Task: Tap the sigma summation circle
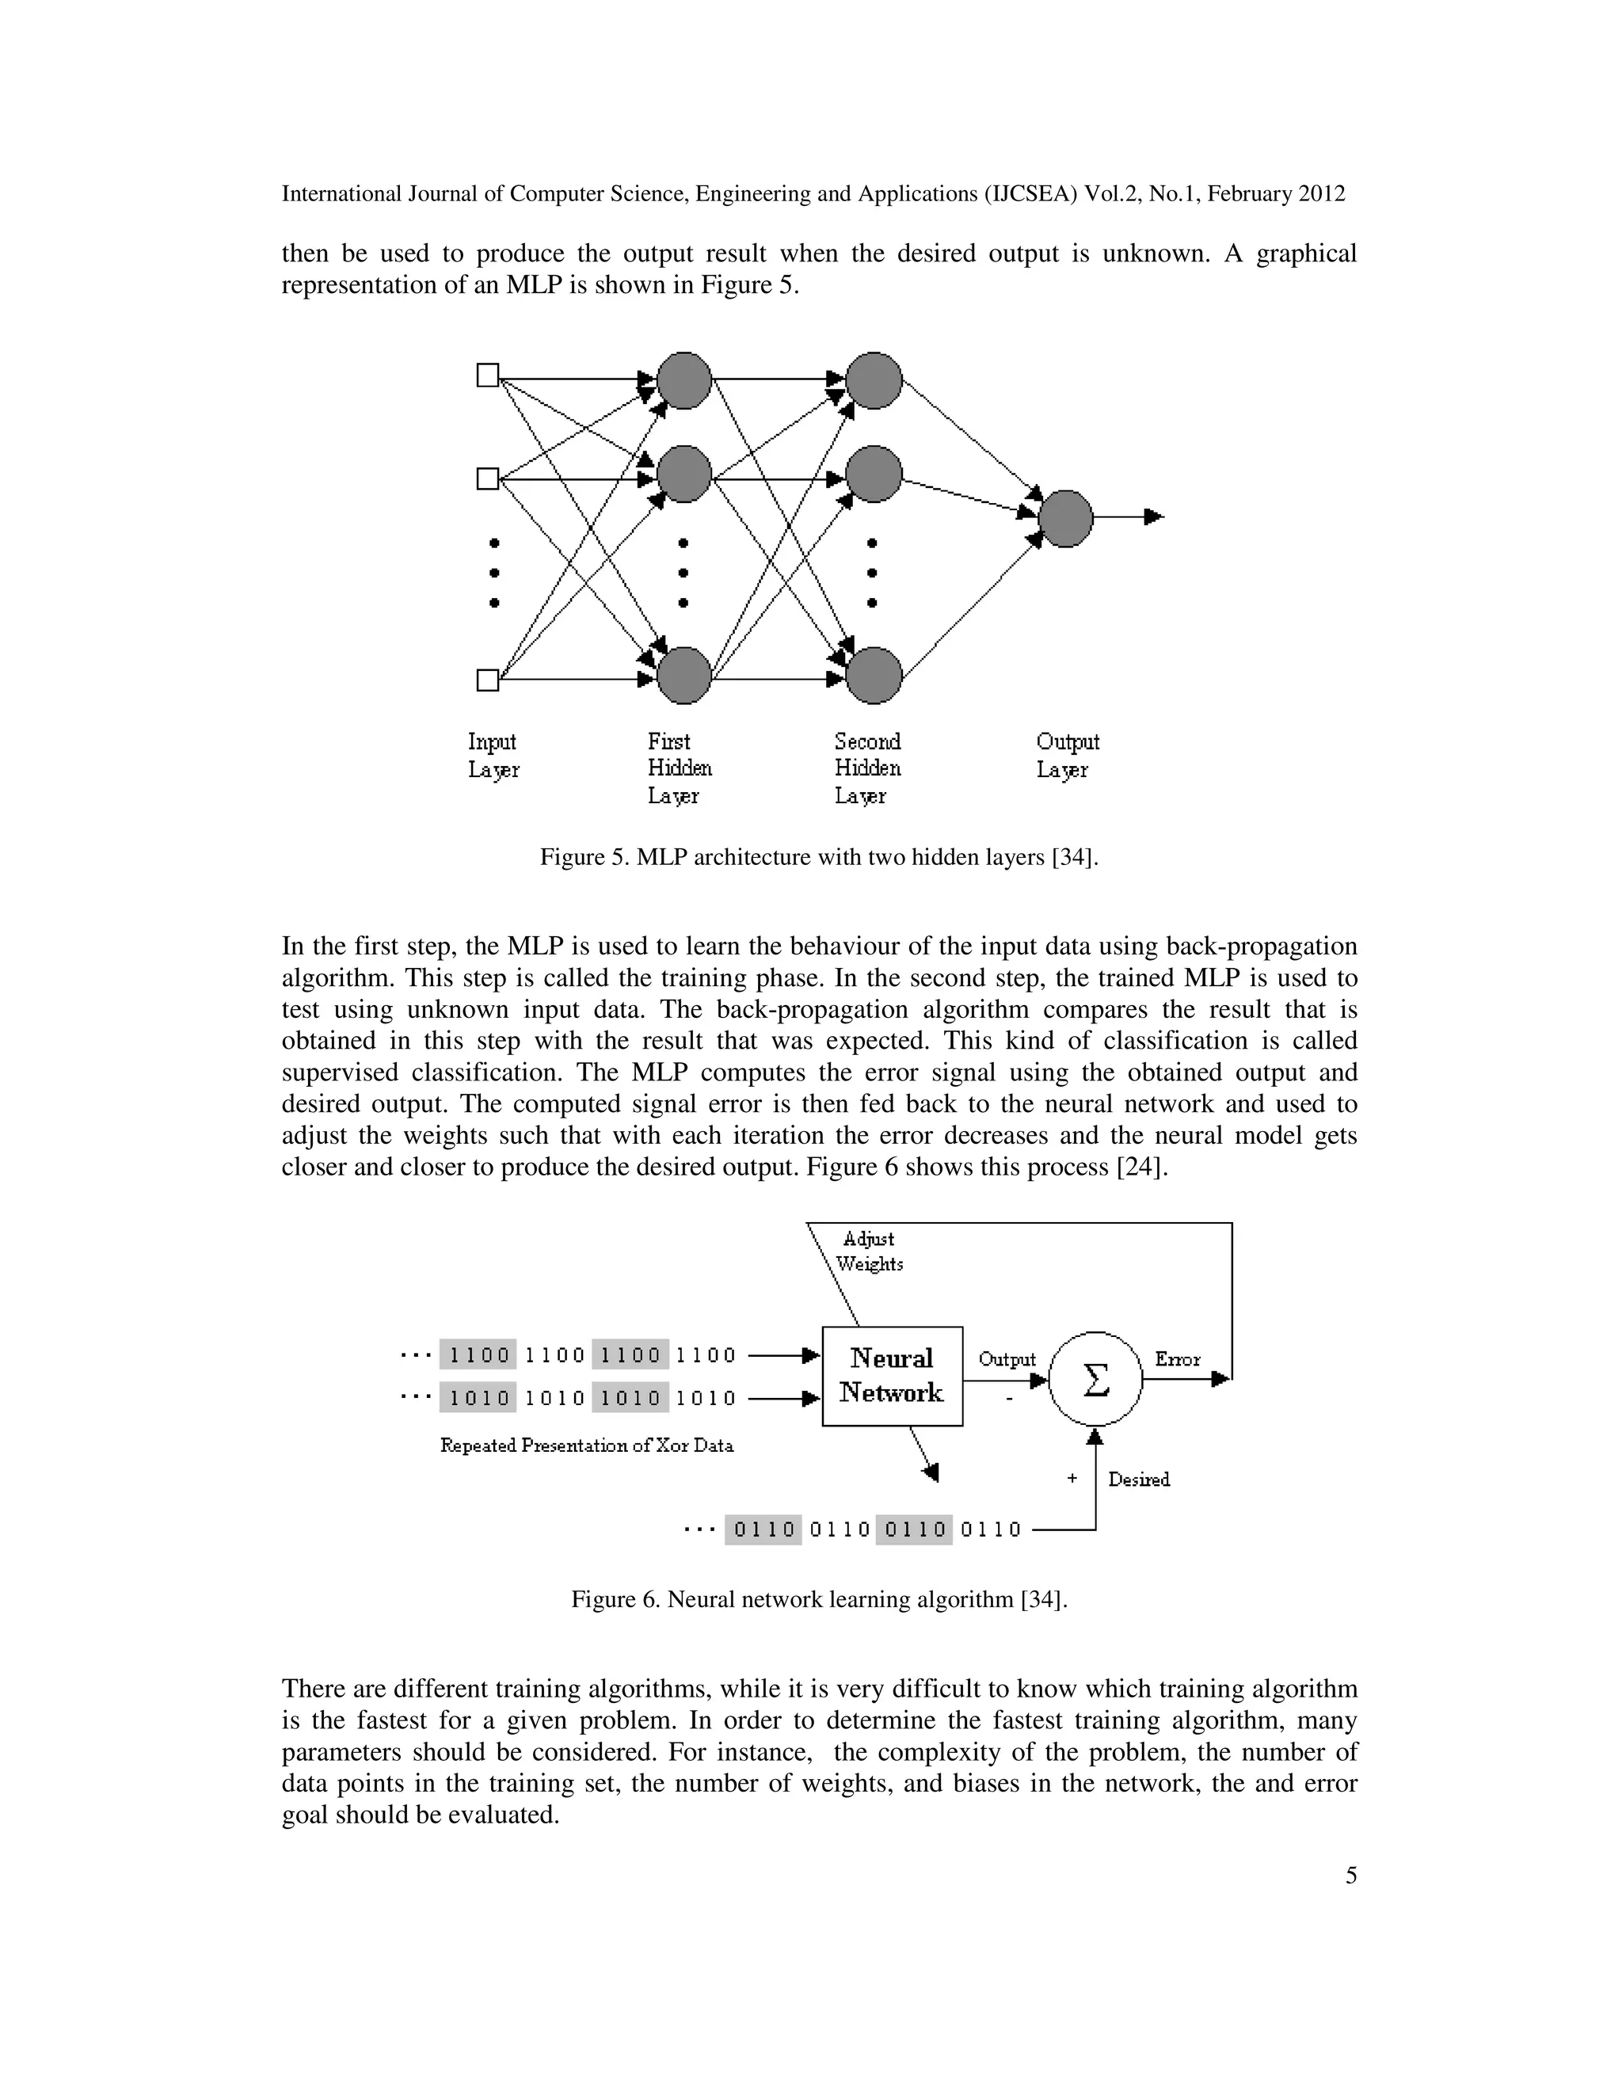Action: tap(1095, 1379)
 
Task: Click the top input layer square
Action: tap(488, 375)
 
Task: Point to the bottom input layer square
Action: tap(488, 680)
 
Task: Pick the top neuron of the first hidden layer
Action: tap(684, 379)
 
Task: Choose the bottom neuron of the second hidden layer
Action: tap(874, 676)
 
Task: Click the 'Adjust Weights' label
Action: tap(869, 1251)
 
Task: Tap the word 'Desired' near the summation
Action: tap(1139, 1479)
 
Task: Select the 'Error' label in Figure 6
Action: tap(1177, 1359)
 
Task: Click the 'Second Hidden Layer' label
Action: tap(866, 768)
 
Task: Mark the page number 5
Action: tap(1351, 1875)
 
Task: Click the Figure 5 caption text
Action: tap(819, 856)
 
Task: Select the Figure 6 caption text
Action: tap(819, 1599)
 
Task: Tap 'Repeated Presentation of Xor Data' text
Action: tap(586, 1446)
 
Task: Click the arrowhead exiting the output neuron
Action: tap(1154, 517)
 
